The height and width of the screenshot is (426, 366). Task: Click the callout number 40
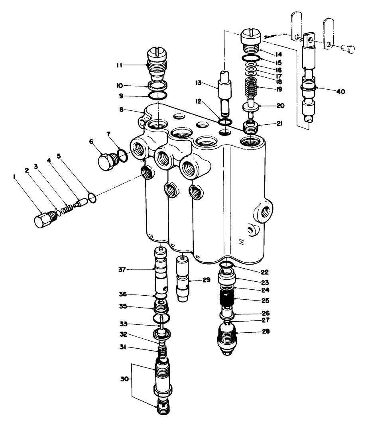pos(340,91)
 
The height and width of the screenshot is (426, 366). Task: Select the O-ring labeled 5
pos(91,198)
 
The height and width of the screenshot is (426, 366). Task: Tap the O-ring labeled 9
pos(157,96)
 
